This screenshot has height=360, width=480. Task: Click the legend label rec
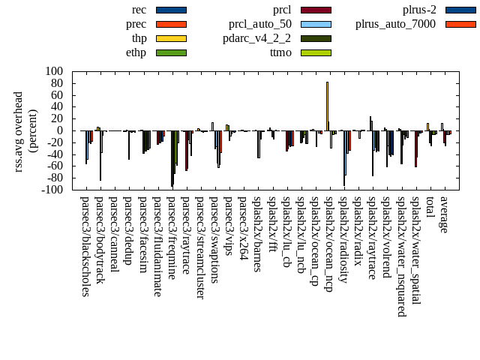click(139, 10)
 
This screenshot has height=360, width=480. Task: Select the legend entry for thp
click(139, 38)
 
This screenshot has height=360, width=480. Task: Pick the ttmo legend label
click(280, 52)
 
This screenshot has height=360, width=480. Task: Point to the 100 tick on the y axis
click(55, 71)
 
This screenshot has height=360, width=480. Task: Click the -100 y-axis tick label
click(52, 190)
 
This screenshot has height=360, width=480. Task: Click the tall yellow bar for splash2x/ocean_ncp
click(327, 105)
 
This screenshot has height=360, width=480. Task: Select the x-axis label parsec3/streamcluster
click(200, 247)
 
